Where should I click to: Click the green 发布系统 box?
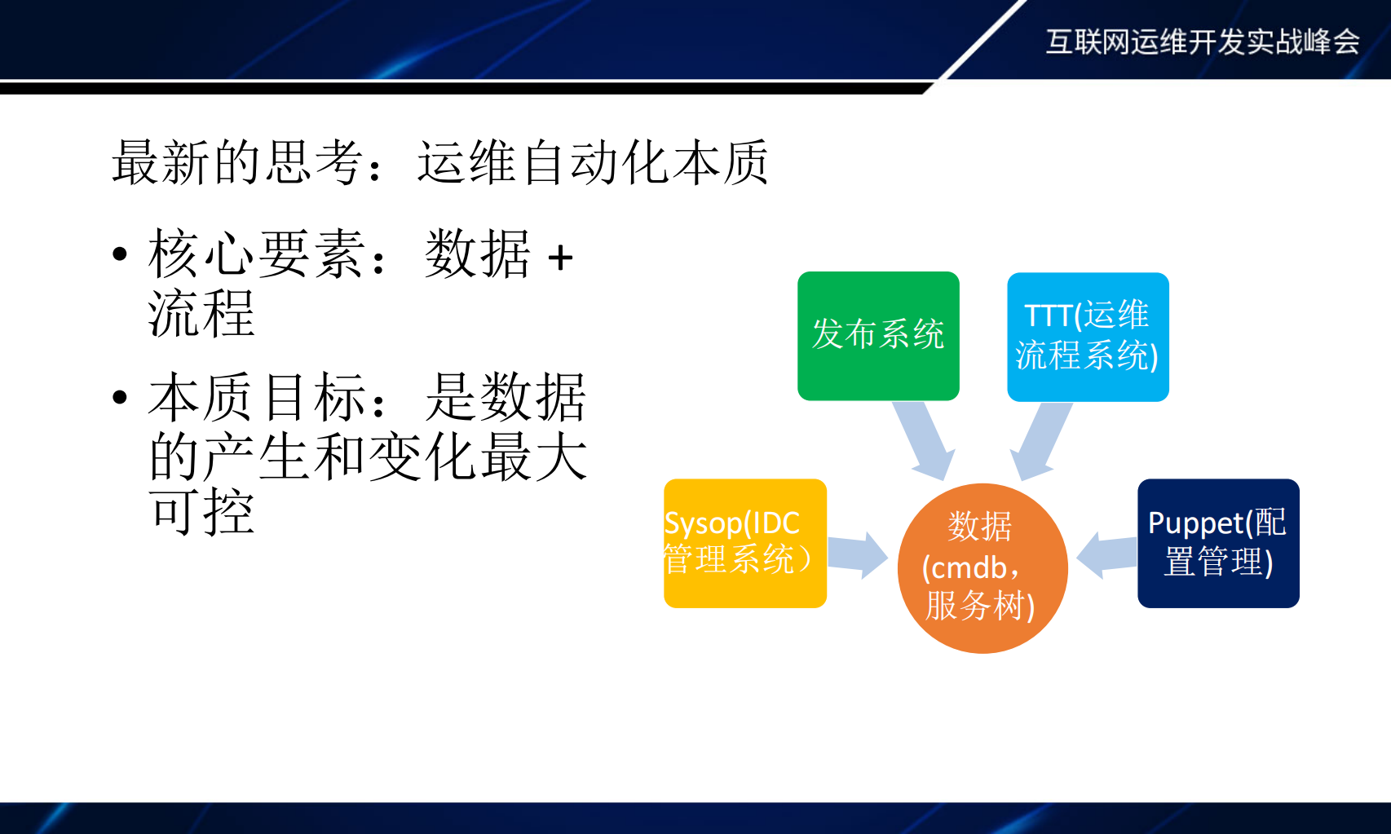[x=878, y=336]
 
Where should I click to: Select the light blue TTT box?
[x=1088, y=336]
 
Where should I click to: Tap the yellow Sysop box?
[x=744, y=543]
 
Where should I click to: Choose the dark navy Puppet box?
[x=1218, y=543]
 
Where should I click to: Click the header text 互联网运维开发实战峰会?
[x=1203, y=42]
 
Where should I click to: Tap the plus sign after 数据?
[x=560, y=258]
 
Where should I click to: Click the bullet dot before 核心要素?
[x=121, y=254]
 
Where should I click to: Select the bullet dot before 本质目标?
[x=121, y=398]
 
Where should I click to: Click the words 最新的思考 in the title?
[x=237, y=162]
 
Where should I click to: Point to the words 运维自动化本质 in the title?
[x=593, y=162]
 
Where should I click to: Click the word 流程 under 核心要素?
[x=201, y=314]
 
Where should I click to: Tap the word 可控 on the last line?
[x=201, y=513]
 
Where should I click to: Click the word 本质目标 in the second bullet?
[x=257, y=398]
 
